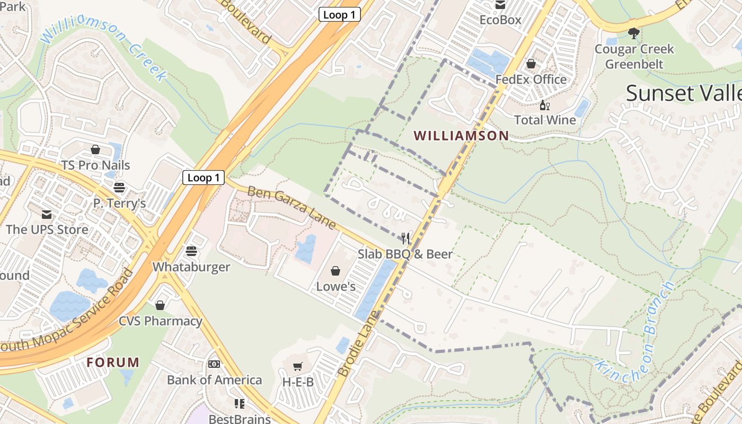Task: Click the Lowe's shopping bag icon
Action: tap(335, 271)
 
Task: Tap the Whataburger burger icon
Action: tap(191, 251)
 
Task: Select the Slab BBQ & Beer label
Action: tap(405, 254)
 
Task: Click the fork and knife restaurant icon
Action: tap(406, 238)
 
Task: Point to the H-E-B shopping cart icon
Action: tap(298, 366)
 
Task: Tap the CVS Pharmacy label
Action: tap(160, 321)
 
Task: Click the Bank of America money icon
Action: tap(214, 364)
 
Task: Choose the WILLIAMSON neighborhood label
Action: tap(461, 136)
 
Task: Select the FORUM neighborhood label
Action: tap(113, 363)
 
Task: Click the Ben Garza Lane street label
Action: tap(291, 208)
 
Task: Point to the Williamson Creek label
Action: tap(104, 47)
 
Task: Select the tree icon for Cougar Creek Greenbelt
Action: tap(633, 33)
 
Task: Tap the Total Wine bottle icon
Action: tap(544, 105)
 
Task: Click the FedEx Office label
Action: tap(531, 79)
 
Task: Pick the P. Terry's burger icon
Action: tap(119, 188)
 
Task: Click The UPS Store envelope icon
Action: tap(47, 214)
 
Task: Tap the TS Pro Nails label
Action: tap(95, 165)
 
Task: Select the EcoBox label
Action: tap(500, 20)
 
